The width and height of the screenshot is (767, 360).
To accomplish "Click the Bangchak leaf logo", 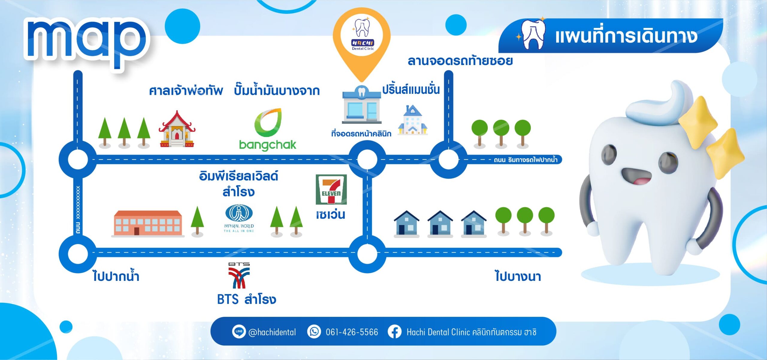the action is coord(268,123).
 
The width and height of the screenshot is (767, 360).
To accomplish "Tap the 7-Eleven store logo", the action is coord(331,189).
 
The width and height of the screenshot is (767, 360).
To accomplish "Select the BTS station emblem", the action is coord(239,275).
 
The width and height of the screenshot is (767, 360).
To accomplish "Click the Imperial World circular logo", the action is coord(239,213).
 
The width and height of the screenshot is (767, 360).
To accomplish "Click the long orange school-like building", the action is coord(148,224).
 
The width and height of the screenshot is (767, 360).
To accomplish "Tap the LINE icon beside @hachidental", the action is coord(239,332).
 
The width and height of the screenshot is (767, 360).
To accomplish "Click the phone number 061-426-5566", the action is coord(352,332).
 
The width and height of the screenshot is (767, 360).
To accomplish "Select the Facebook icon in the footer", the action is coord(395,332).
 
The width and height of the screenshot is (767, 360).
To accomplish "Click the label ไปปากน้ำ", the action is coord(116,275).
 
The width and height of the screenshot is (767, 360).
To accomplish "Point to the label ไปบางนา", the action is coord(518,275).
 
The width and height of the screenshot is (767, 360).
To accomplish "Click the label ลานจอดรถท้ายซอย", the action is coord(460,61).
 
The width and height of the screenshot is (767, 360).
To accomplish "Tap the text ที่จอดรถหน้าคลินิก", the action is coord(361,133).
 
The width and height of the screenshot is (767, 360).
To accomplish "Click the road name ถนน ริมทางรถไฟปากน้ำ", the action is coord(526,160).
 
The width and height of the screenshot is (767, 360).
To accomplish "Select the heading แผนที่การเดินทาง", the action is coord(626,36).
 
